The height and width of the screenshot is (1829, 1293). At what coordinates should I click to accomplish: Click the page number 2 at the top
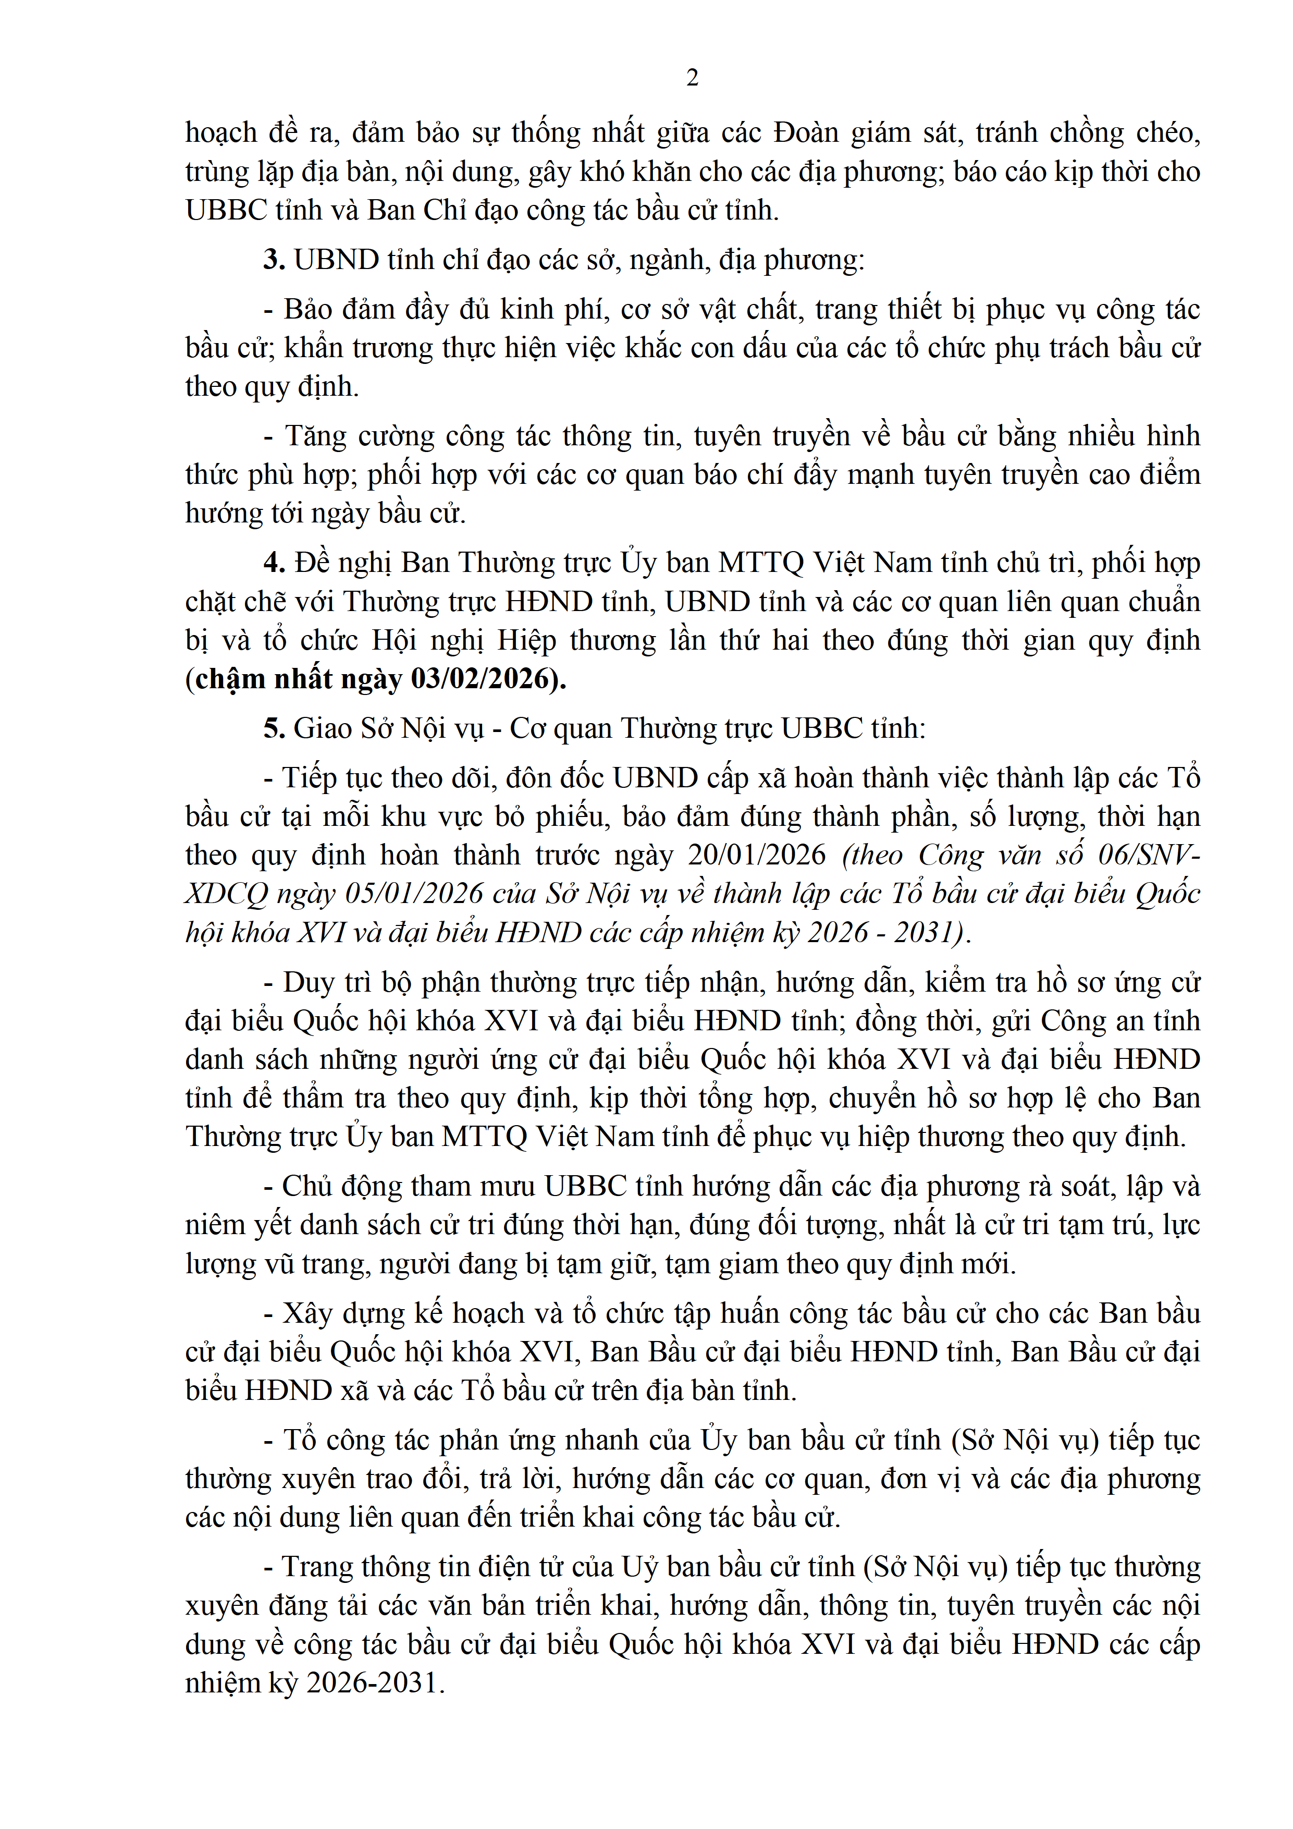coord(692,78)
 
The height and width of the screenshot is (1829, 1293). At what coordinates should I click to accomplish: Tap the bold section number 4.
coord(274,563)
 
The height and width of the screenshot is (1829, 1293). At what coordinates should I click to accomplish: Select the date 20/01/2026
coord(756,855)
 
